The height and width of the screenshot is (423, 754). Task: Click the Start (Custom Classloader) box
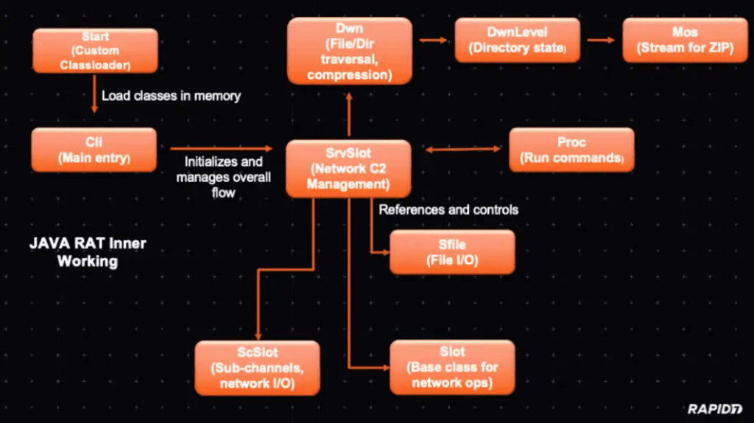point(95,50)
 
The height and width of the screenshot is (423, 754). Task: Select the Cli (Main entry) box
point(94,149)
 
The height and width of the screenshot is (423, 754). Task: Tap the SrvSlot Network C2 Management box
point(348,169)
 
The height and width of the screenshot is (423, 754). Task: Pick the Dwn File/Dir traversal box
point(349,50)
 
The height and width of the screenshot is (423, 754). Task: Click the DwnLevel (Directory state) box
point(516,41)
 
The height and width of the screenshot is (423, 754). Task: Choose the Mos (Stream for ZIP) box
point(684,41)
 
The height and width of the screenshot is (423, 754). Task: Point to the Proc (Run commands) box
point(571,150)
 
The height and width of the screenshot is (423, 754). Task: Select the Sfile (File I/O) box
point(452,251)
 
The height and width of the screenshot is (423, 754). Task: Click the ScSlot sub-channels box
point(258,367)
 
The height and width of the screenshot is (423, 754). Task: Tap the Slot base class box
point(452,367)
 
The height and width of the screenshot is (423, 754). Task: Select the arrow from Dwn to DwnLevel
point(434,41)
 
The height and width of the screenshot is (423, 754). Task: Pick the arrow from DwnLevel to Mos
point(601,41)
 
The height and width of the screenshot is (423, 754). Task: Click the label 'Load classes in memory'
point(171,96)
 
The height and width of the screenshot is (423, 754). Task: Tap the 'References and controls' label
point(448,210)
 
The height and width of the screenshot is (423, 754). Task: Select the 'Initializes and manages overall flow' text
point(222,177)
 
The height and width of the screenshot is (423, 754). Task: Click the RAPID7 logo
point(714,408)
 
